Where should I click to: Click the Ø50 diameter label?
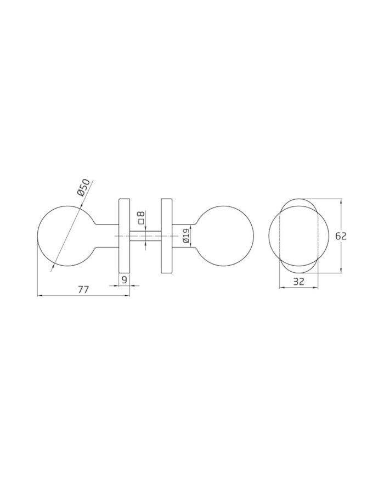84,188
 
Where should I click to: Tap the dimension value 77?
83,290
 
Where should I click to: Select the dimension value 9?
124,280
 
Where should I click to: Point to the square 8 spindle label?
141,217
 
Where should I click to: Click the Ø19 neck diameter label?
186,237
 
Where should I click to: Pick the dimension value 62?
341,236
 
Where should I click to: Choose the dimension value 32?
298,282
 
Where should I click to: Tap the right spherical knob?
225,236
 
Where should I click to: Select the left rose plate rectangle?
124,236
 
